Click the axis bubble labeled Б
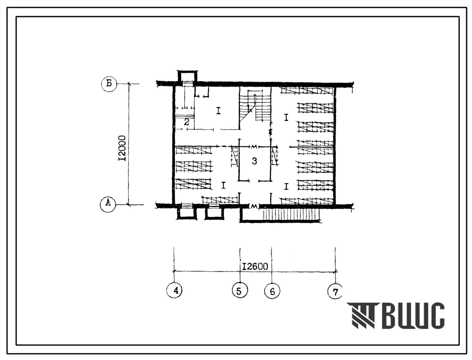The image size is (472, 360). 109,83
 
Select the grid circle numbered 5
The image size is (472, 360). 240,291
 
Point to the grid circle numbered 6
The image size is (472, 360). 272,291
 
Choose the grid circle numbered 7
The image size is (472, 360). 335,292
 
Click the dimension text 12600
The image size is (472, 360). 255,266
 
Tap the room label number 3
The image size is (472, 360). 255,161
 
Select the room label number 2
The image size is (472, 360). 186,122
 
